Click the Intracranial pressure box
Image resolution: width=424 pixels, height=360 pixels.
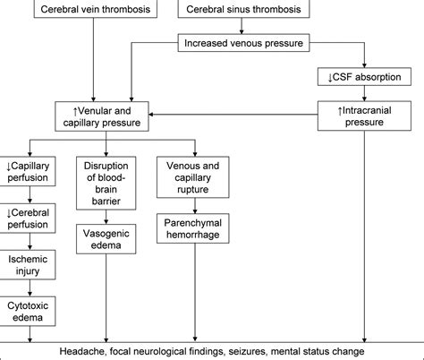pyautogui.click(x=364, y=114)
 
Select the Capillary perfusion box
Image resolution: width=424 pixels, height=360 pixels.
pyautogui.click(x=29, y=171)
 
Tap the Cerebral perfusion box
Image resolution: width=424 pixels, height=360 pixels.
pyautogui.click(x=29, y=218)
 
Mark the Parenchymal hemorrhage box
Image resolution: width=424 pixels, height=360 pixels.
pyautogui.click(x=189, y=227)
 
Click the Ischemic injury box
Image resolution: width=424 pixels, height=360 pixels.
pyautogui.click(x=29, y=263)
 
